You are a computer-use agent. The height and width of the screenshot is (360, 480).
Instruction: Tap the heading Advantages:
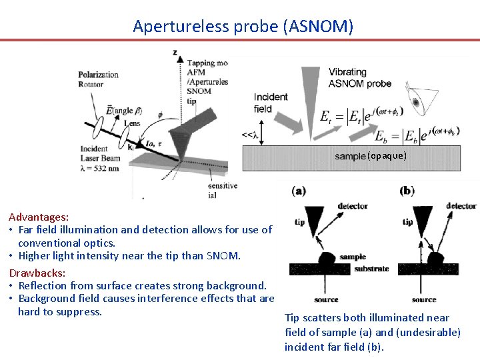tap(38, 217)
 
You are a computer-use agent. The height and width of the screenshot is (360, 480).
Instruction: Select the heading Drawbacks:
tap(37, 273)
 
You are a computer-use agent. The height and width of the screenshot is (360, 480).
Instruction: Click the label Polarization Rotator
tap(98, 79)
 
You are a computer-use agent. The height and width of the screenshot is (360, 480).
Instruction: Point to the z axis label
tap(175, 52)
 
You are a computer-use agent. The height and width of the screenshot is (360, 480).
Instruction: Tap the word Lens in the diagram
tap(131, 124)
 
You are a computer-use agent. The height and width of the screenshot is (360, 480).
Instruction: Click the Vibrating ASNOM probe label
tap(359, 77)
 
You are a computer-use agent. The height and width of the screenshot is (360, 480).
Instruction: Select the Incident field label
tap(271, 103)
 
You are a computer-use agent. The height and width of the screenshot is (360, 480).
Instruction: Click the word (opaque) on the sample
tap(387, 155)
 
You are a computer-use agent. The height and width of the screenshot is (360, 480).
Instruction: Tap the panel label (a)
tap(299, 191)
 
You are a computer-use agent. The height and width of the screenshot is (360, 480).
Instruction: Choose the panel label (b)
tap(407, 191)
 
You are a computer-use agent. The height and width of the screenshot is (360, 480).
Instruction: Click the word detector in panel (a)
tap(353, 206)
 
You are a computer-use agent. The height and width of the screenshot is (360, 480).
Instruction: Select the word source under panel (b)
tap(424, 300)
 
